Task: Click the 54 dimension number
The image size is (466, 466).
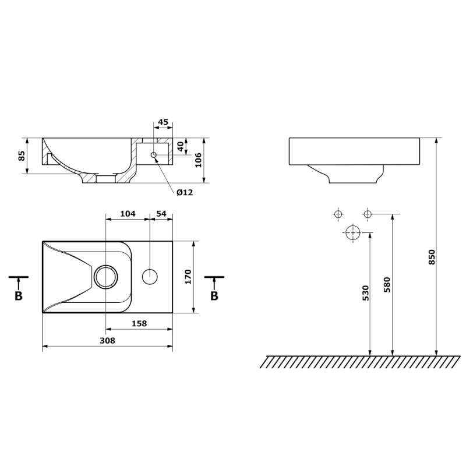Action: [x=161, y=214]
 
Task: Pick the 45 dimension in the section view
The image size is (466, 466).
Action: [x=163, y=122]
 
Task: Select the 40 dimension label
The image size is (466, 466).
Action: [x=181, y=146]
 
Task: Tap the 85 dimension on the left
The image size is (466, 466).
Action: [x=22, y=156]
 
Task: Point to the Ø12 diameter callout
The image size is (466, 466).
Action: [x=184, y=192]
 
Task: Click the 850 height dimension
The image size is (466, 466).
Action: [x=432, y=257]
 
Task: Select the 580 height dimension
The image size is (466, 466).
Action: [x=387, y=283]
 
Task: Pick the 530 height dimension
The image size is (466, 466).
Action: [x=365, y=293]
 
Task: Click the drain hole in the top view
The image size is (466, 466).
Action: [x=105, y=277]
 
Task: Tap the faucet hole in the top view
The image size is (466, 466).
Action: [x=150, y=276]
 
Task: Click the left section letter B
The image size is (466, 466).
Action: [x=19, y=296]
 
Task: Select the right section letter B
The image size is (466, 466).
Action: [x=214, y=296]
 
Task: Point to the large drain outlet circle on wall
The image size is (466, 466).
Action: [x=352, y=233]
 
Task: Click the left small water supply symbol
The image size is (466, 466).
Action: [x=338, y=214]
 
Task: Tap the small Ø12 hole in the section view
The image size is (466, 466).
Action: [x=153, y=155]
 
